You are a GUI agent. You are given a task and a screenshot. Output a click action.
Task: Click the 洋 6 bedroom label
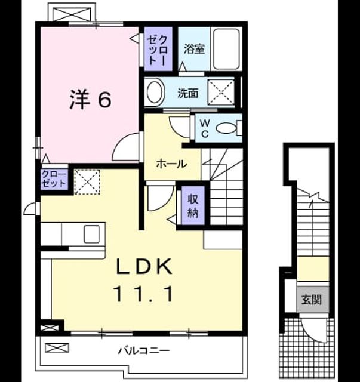pos(91,100)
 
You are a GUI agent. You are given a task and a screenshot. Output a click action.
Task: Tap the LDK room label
pos(144,267)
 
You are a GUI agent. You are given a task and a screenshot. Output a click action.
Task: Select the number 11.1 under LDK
pos(143,294)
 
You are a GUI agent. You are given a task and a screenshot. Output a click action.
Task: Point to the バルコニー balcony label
pos(144,351)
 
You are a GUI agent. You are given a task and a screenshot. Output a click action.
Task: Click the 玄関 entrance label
pos(312,300)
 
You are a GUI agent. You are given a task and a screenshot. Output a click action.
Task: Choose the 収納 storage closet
pos(193,205)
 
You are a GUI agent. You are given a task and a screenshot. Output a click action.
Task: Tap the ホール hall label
pos(171,164)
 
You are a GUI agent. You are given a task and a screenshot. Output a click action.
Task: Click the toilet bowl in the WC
pos(226,128)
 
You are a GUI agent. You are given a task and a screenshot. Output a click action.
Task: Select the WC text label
pos(205,129)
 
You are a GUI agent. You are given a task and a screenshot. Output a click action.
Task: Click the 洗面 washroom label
pos(187,93)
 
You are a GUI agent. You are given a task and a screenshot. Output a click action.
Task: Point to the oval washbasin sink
pos(155,92)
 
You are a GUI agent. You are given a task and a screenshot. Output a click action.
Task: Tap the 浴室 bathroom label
pos(194,49)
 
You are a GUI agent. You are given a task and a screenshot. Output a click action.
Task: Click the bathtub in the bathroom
pos(226,49)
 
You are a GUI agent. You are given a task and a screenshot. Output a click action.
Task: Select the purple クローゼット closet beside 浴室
pos(158,49)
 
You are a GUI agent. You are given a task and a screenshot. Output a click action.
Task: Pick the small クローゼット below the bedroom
pos(54,179)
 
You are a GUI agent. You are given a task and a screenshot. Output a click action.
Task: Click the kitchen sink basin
pos(92,234)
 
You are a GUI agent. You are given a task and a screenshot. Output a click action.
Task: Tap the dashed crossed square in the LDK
pos(87,181)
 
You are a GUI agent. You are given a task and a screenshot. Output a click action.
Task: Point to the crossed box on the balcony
pos(57,348)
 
